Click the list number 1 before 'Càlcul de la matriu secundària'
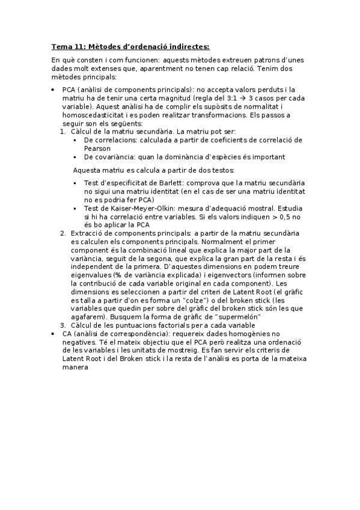point(64,131)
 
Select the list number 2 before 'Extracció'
point(63,233)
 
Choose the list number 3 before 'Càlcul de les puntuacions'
point(63,325)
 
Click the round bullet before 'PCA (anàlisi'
point(53,90)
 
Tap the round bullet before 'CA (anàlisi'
point(53,333)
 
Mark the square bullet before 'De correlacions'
point(75,140)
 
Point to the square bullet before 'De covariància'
point(75,157)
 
